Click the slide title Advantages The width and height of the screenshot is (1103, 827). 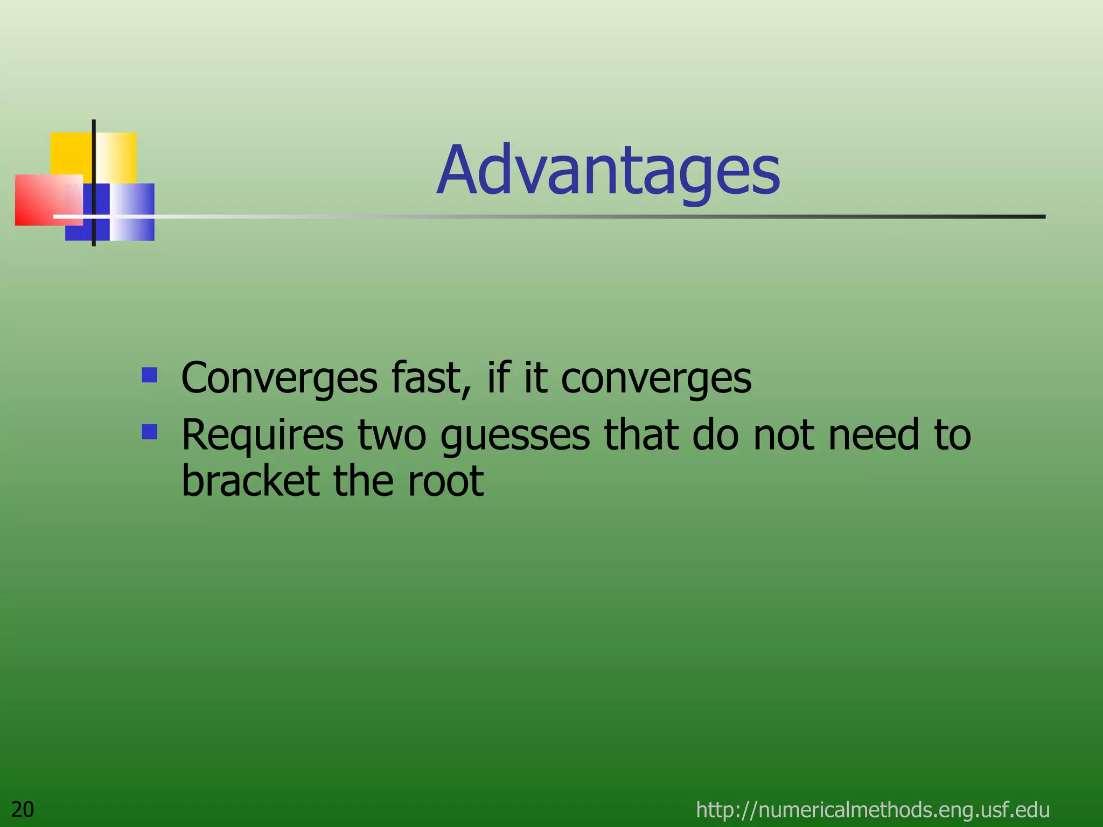[609, 171]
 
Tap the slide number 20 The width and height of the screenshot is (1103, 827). [23, 809]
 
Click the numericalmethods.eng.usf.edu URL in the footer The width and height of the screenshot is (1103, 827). [872, 809]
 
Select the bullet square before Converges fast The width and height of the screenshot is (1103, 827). [149, 375]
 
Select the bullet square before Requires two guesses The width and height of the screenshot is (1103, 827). [149, 432]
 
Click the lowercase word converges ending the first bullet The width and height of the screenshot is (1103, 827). [656, 379]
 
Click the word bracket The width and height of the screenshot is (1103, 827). [250, 480]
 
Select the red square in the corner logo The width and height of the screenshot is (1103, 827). [38, 200]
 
